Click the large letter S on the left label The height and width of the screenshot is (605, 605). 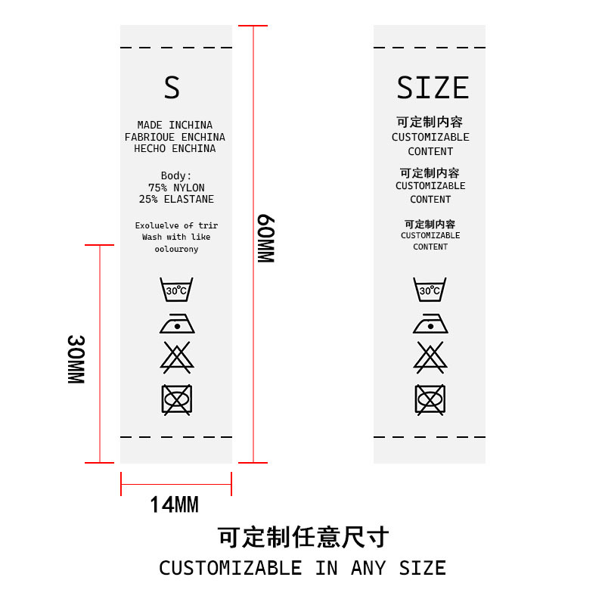pyautogui.click(x=172, y=87)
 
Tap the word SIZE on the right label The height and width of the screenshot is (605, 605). pyautogui.click(x=433, y=88)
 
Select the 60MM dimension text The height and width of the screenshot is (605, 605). pyautogui.click(x=266, y=238)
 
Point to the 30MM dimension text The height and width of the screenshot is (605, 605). pyautogui.click(x=76, y=359)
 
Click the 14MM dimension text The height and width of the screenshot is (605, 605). pyautogui.click(x=175, y=504)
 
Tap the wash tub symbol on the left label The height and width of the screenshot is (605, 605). pyautogui.click(x=176, y=289)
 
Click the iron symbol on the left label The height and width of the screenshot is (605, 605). pyautogui.click(x=177, y=324)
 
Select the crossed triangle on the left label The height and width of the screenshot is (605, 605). pyautogui.click(x=177, y=358)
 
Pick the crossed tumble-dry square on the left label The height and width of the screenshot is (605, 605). pyautogui.click(x=177, y=400)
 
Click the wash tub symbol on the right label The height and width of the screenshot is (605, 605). pyautogui.click(x=430, y=289)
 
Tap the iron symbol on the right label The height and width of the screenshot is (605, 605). pyautogui.click(x=430, y=324)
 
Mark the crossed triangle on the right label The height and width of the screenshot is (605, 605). pyautogui.click(x=430, y=358)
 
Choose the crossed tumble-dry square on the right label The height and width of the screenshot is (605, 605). pyautogui.click(x=430, y=400)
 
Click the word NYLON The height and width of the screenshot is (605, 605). pyautogui.click(x=188, y=188)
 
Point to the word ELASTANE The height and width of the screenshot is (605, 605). pyautogui.click(x=188, y=200)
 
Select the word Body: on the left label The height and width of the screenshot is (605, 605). pyautogui.click(x=176, y=176)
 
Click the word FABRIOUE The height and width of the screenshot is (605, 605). pyautogui.click(x=149, y=138)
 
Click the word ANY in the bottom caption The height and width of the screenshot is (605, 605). pyautogui.click(x=368, y=568)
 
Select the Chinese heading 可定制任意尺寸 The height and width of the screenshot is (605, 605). pyautogui.click(x=303, y=537)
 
